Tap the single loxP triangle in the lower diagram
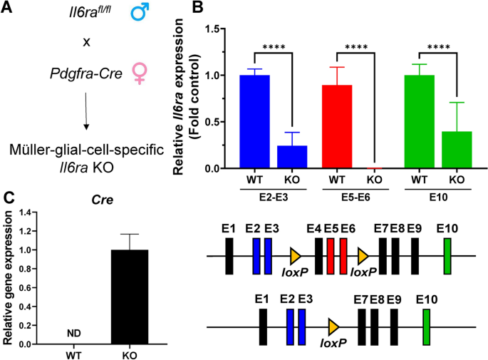point(333,326)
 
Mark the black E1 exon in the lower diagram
point(264,326)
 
